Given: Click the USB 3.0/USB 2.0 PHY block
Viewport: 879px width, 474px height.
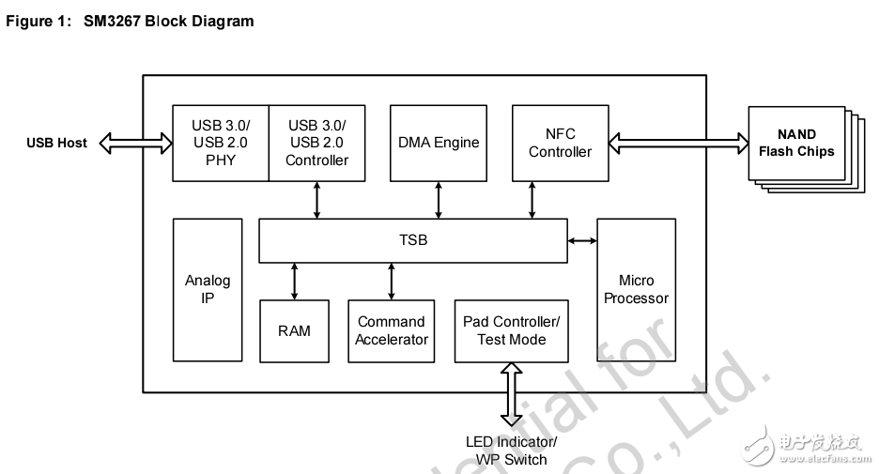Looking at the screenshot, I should click(x=221, y=143).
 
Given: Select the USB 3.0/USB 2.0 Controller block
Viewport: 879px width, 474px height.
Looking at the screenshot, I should click(x=317, y=143).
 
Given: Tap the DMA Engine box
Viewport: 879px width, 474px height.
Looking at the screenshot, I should click(x=439, y=143).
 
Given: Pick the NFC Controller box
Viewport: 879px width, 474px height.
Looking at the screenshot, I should click(x=560, y=143).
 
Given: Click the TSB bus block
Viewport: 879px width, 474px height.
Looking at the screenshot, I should click(x=412, y=240).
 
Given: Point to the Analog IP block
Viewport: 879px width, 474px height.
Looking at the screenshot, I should click(x=208, y=290).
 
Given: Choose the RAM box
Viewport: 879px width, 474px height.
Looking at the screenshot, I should click(x=294, y=330).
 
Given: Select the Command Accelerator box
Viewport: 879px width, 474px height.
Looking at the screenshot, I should click(x=392, y=330).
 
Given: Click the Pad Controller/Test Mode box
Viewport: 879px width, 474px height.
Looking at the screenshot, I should click(x=511, y=330).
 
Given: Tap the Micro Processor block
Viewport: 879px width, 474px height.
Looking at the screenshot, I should click(x=636, y=290).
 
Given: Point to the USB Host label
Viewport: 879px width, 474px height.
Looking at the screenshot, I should click(x=56, y=143).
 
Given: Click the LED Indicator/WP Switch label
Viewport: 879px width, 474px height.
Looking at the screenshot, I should click(x=511, y=451).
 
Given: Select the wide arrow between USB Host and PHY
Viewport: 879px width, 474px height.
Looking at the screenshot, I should click(x=135, y=143).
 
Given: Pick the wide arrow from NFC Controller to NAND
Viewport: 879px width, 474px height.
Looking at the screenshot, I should click(x=678, y=143).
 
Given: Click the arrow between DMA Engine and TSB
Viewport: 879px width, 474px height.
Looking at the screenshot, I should click(x=439, y=200).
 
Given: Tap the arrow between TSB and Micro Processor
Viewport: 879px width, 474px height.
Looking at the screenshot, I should click(x=582, y=241).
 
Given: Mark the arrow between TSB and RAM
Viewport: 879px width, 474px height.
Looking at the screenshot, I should click(x=295, y=281).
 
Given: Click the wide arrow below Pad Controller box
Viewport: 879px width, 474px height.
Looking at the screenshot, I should click(x=511, y=395).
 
